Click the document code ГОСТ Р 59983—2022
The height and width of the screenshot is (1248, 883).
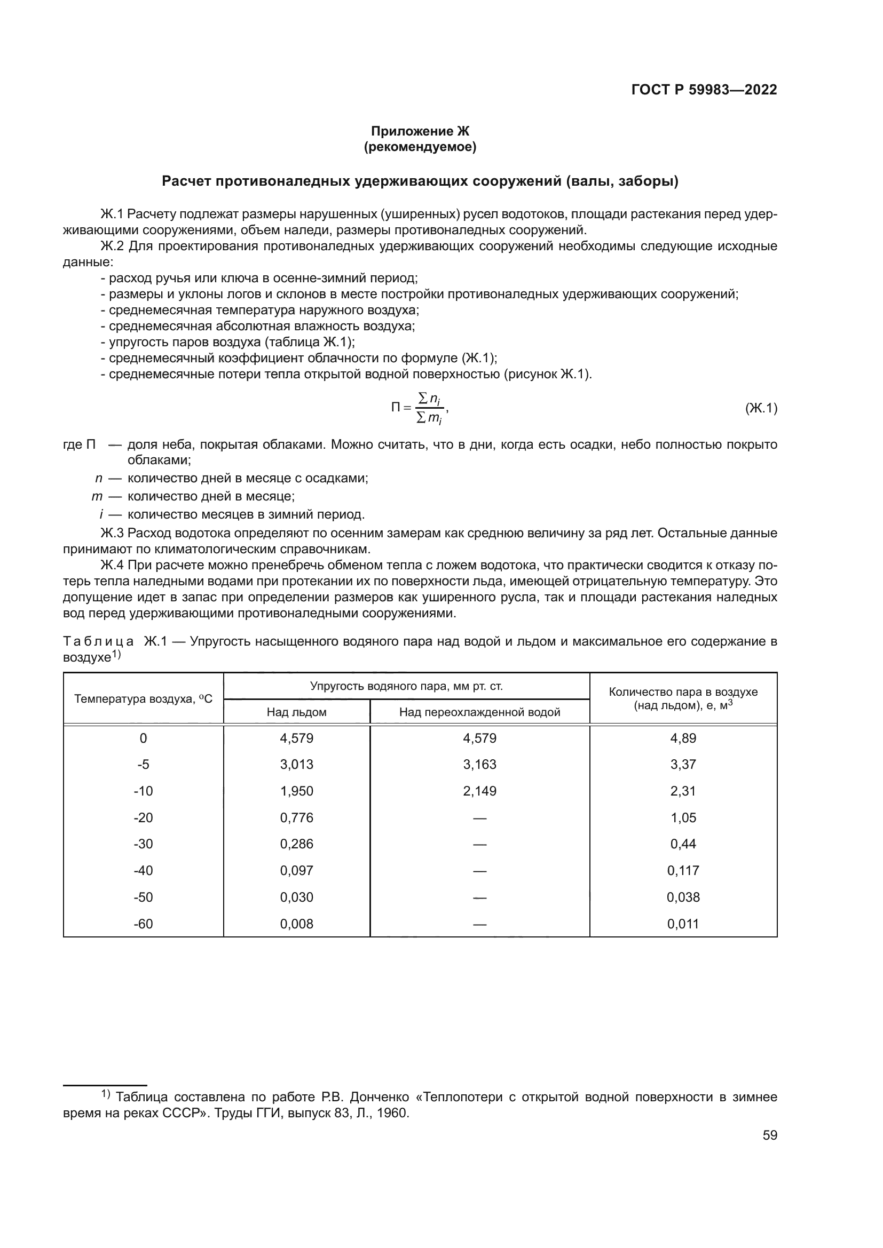point(704,90)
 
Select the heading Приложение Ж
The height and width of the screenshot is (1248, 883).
point(420,131)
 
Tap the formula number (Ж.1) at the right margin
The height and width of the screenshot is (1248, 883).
point(761,408)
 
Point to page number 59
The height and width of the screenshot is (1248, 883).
point(769,1135)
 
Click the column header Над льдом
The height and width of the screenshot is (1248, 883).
point(296,712)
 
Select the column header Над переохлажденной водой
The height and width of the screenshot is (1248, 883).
point(479,712)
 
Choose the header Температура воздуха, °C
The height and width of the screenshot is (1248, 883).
point(143,699)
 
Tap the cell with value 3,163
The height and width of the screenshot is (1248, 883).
point(479,764)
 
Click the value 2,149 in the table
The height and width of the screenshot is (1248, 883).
point(479,791)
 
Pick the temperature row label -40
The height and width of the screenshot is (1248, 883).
point(143,870)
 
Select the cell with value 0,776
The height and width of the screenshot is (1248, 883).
point(296,817)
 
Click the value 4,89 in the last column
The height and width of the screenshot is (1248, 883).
point(683,738)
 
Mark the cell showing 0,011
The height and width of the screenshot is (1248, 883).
point(683,924)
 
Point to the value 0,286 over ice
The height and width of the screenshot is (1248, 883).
point(296,844)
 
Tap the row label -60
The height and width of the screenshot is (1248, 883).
point(143,924)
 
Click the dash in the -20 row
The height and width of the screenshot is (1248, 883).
point(479,818)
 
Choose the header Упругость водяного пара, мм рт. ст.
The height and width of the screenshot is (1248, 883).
point(406,686)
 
